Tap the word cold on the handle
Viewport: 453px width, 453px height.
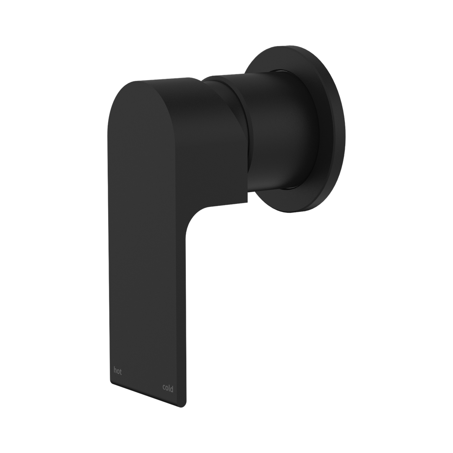pos(168,388)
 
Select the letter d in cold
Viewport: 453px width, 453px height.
pos(172,388)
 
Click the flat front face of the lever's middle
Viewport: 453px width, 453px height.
pos(147,252)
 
